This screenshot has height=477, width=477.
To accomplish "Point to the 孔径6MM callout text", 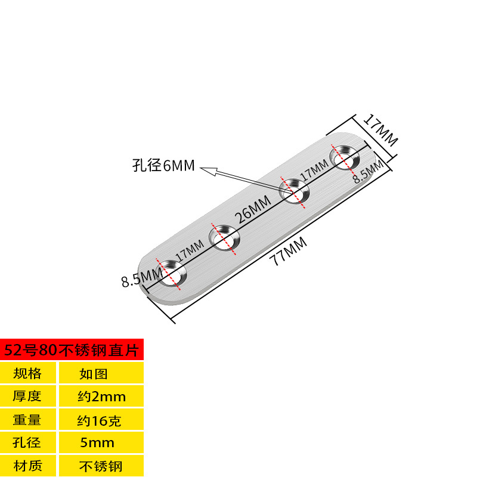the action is pyautogui.click(x=163, y=166).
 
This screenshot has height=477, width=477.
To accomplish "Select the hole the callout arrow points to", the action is pyautogui.click(x=295, y=192).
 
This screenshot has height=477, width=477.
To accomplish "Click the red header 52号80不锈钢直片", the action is pyautogui.click(x=72, y=350).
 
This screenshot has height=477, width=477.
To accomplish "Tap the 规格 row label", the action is pyautogui.click(x=27, y=374).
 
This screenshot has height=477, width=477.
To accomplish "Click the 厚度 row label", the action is pyautogui.click(x=27, y=396).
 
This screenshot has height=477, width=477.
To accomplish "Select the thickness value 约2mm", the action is pyautogui.click(x=101, y=396).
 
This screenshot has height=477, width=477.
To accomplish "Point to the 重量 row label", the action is pyautogui.click(x=27, y=420).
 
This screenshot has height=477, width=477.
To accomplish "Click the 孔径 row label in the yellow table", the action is pyautogui.click(x=27, y=442).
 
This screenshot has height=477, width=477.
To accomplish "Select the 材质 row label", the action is pyautogui.click(x=27, y=465).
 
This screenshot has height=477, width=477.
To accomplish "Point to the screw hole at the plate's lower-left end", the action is pyautogui.click(x=171, y=275).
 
